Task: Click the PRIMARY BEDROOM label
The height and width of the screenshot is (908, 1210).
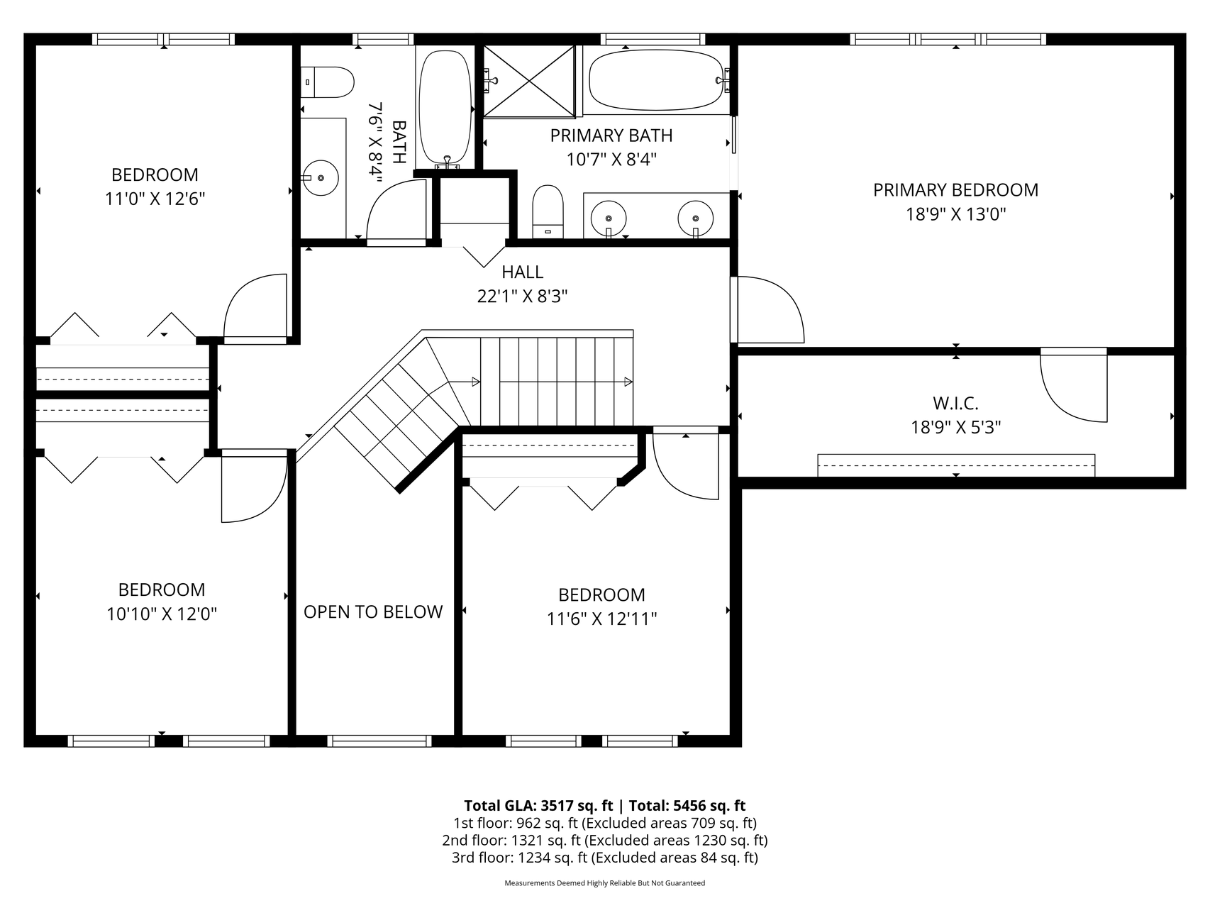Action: click(x=955, y=190)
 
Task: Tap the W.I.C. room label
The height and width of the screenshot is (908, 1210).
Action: click(x=955, y=404)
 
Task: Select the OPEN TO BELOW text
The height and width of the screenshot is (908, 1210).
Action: click(x=373, y=612)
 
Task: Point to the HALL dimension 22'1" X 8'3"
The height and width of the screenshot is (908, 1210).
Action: click(x=523, y=297)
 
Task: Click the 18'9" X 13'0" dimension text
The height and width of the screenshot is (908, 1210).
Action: click(x=956, y=214)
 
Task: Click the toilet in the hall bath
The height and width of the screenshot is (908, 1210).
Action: click(x=327, y=82)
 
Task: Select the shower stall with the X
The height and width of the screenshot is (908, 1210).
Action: click(x=529, y=80)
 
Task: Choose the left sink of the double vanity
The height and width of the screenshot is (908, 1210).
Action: click(x=609, y=218)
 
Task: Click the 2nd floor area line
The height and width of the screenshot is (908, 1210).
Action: click(x=605, y=841)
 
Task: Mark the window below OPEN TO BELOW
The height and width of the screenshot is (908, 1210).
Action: click(x=379, y=741)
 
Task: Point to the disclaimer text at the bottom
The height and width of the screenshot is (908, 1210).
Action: click(x=605, y=883)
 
